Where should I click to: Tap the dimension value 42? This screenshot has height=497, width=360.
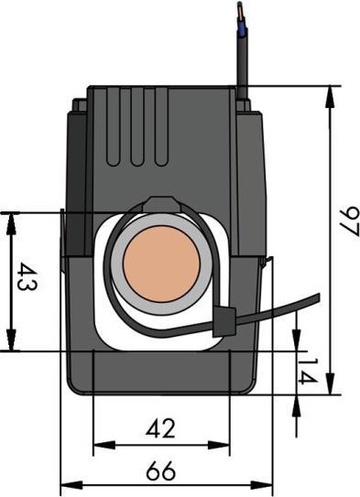(161, 427)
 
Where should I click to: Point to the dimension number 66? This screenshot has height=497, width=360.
(161, 472)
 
